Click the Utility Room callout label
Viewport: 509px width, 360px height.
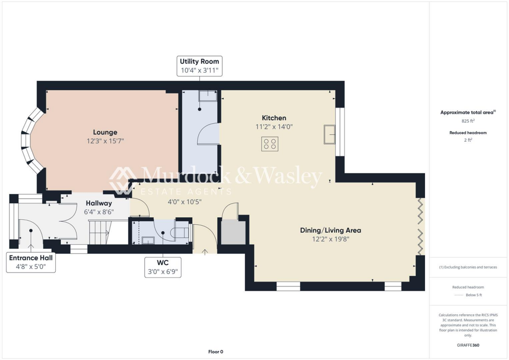[199, 66]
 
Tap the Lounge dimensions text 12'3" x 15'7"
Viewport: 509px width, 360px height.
[105, 141]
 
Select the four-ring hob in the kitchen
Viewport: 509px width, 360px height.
[270, 145]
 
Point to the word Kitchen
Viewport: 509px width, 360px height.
[274, 118]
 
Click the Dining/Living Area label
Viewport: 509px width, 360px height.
[330, 230]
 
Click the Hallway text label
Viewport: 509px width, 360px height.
[99, 203]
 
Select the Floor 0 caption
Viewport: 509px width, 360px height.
[215, 352]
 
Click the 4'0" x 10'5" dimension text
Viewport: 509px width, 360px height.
[184, 201]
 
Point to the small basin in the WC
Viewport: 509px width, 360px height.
[148, 240]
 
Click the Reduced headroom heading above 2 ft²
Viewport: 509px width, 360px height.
[468, 133]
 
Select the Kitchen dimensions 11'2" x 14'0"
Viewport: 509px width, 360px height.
[274, 127]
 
